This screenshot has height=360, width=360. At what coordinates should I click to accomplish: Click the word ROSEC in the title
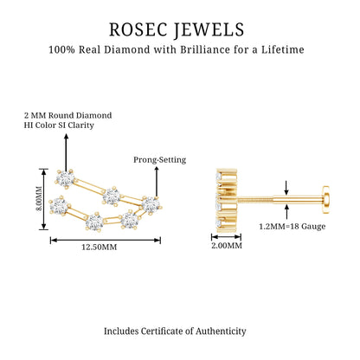(x=138, y=29)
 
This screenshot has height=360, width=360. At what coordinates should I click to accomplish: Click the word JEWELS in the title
(x=209, y=29)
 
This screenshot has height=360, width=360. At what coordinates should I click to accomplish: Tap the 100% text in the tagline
(x=61, y=49)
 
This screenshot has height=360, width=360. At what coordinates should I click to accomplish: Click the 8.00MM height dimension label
(x=39, y=199)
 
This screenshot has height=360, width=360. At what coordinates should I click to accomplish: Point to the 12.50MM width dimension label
(x=100, y=247)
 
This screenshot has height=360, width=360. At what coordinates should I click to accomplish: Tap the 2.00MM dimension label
(x=227, y=246)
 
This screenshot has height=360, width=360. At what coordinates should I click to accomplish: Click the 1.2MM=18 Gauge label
(x=292, y=227)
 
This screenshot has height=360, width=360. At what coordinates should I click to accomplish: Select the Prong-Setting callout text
(x=159, y=160)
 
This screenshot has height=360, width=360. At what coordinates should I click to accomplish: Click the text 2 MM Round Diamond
(x=67, y=115)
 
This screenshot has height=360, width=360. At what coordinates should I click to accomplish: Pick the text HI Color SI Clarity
(x=59, y=125)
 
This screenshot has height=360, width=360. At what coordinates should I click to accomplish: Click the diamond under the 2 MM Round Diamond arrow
(x=66, y=179)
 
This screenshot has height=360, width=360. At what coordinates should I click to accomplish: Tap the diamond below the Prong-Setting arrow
(x=151, y=205)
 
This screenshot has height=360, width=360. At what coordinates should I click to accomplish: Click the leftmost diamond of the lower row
(x=59, y=206)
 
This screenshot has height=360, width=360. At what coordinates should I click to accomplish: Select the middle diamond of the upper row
(x=112, y=196)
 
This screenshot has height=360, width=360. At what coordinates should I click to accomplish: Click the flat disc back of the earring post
(x=326, y=200)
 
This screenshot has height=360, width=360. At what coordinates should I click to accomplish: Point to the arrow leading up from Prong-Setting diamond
(x=157, y=182)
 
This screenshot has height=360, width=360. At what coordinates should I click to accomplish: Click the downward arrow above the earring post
(x=286, y=188)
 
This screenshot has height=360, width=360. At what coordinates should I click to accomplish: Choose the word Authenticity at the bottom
(x=221, y=331)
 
